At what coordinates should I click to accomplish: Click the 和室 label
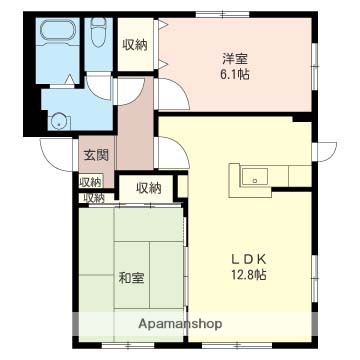[131, 276]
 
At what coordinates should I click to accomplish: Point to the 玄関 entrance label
[96, 155]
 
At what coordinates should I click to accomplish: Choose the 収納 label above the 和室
[148, 187]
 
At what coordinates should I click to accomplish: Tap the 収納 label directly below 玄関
[91, 181]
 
